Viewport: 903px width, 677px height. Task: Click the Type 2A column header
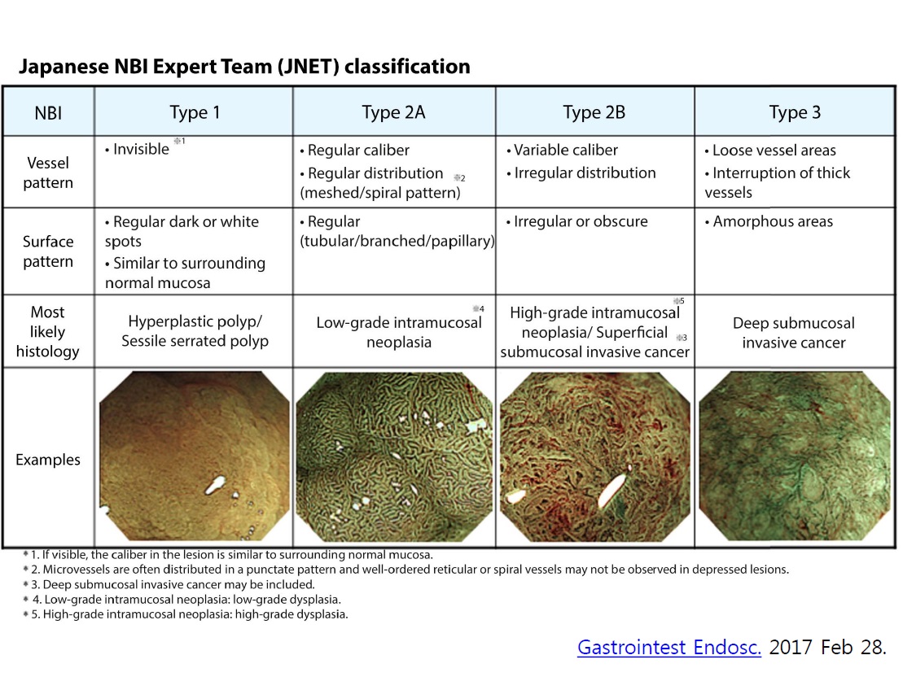point(393,112)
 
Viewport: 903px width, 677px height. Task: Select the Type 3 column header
point(795,112)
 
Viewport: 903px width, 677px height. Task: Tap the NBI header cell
point(48,113)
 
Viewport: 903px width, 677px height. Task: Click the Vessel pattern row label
point(48,173)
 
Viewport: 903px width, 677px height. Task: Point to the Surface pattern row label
point(48,251)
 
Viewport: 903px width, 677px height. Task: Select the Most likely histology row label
point(48,332)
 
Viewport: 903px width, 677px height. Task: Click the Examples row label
point(48,460)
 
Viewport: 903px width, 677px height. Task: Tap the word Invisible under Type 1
point(141,149)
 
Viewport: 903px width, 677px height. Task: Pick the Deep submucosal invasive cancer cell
point(794,333)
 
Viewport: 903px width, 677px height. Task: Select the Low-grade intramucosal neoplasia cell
point(398,332)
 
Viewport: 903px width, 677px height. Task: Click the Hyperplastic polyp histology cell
point(195,331)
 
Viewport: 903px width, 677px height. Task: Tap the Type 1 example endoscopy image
point(195,456)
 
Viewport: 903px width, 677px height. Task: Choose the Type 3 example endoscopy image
point(795,456)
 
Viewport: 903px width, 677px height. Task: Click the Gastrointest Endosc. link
point(669,647)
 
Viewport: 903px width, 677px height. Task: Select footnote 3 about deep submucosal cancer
point(169,584)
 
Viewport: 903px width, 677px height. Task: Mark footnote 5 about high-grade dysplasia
point(186,614)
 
